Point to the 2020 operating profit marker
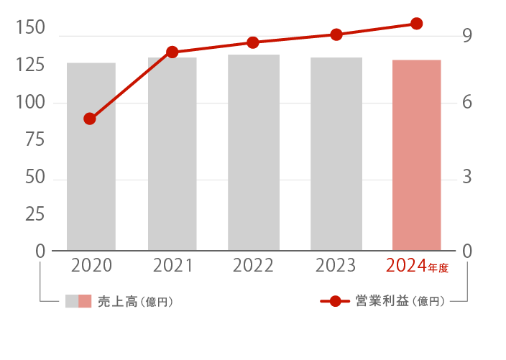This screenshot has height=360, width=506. click(90, 119)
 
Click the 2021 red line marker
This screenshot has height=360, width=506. click(172, 52)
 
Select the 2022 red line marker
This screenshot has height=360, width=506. click(253, 42)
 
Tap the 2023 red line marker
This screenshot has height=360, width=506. click(336, 34)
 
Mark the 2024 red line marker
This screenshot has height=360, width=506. click(417, 24)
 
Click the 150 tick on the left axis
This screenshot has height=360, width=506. click(30, 28)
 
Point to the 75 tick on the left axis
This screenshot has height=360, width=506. click(34, 140)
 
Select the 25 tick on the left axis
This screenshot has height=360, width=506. click(34, 214)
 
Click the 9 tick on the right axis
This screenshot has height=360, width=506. click(467, 35)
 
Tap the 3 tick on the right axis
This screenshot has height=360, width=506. click(467, 177)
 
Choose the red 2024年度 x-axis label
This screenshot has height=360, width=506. click(417, 266)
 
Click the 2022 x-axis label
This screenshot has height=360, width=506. click(253, 266)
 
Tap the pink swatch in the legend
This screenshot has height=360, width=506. click(86, 302)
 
